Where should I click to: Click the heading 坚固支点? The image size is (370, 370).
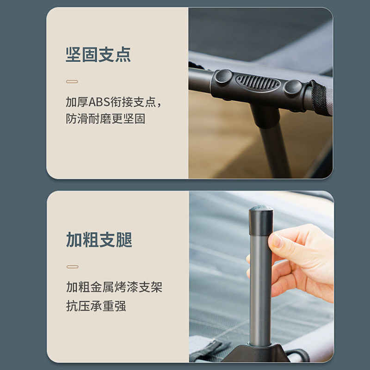pos(98,55)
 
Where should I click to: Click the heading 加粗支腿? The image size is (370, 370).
pos(99,240)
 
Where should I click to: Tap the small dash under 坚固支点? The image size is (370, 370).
pos(72,82)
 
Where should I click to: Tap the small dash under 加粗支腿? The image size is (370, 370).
pos(73,267)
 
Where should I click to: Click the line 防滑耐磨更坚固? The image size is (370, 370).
pos(105,119)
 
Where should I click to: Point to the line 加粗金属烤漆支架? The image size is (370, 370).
pos(114,287)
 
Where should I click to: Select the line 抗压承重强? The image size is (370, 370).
pos(96,306)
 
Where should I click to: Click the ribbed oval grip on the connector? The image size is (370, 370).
pos(258,83)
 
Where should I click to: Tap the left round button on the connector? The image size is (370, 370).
pos(223,76)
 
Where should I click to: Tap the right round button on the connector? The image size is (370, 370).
pos(293,87)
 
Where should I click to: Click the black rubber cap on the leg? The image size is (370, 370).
pos(261,221)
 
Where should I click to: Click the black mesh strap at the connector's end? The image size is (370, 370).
pos(317,98)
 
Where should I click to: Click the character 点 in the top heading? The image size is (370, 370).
pos(123,55)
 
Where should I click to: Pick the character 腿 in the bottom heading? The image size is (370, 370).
pos(124,240)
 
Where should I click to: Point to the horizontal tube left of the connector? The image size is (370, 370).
pos(200,80)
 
